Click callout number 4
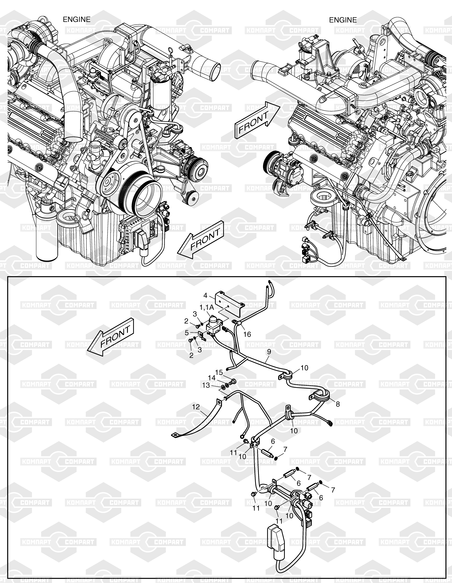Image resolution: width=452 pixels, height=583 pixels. pos(205,295)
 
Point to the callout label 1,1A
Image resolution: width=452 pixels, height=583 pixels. pos(206,307)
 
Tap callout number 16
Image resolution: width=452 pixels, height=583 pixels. pos(247,334)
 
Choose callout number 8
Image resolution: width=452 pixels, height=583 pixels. pos(338,404)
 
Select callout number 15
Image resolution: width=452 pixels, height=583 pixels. pos(219,372)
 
